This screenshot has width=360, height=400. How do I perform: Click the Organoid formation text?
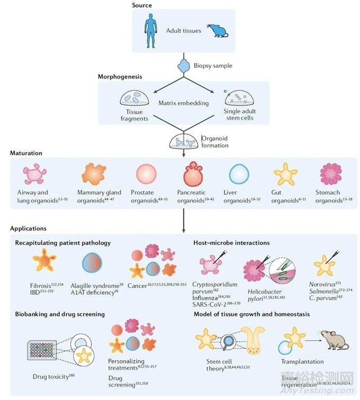[215, 142]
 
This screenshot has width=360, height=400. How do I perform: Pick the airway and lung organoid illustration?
[34, 174]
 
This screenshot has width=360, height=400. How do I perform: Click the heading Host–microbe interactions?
[232, 243]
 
